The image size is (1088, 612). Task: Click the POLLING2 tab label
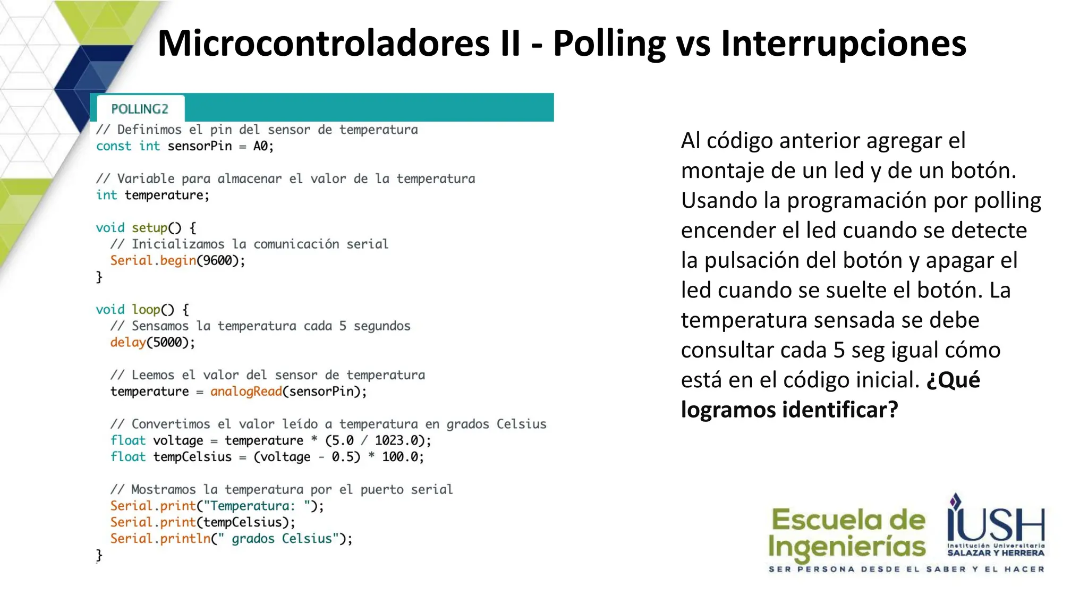pyautogui.click(x=140, y=109)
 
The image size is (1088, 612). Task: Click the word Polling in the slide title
pyautogui.click(x=609, y=44)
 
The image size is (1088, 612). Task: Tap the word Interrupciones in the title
pyautogui.click(x=843, y=44)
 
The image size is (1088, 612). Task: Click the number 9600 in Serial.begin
pyautogui.click(x=218, y=261)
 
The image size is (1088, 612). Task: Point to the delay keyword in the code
pyautogui.click(x=127, y=343)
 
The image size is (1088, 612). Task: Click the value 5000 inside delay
pyautogui.click(x=167, y=343)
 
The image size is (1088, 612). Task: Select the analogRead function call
pyautogui.click(x=246, y=392)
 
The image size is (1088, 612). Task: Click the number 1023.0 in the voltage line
pyautogui.click(x=396, y=440)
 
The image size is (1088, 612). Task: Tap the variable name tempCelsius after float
pyautogui.click(x=192, y=457)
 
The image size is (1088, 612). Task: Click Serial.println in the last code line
pyautogui.click(x=160, y=539)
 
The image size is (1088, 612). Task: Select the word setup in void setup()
pyautogui.click(x=149, y=228)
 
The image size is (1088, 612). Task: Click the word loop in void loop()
pyautogui.click(x=146, y=310)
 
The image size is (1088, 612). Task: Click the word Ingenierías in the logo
pyautogui.click(x=847, y=547)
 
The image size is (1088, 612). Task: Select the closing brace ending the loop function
pyautogui.click(x=99, y=555)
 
